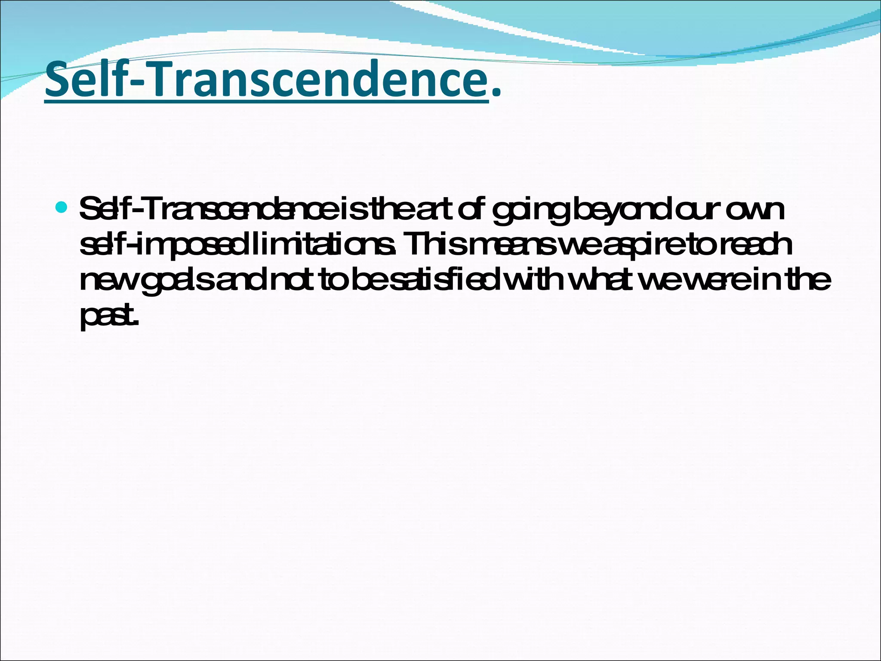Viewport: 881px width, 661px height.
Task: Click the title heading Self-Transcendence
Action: [x=267, y=80]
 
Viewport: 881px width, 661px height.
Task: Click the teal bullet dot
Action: [x=62, y=208]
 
